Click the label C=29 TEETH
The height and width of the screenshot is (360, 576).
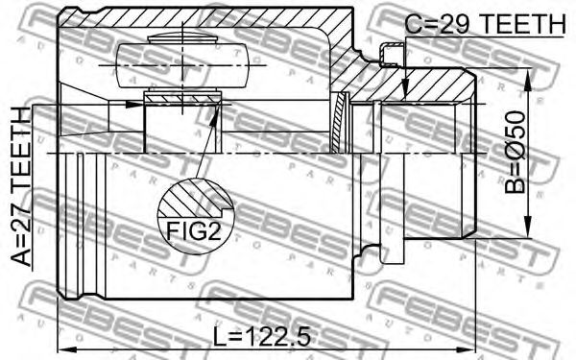coord(485,23)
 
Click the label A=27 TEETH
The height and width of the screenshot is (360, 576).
coord(20,186)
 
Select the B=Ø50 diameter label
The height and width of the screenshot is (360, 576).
coord(515,152)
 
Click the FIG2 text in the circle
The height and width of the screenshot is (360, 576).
coord(194,231)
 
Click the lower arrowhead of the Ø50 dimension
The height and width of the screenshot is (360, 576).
coord(527,227)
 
